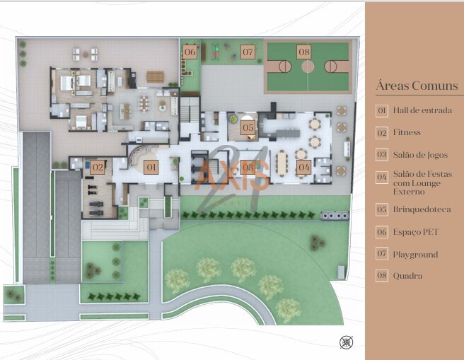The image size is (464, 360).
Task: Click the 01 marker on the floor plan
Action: (151, 167)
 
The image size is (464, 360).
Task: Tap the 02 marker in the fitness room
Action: (98, 167)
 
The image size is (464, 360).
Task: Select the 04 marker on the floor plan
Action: (304, 167)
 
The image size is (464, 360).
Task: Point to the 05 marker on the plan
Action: (248, 127)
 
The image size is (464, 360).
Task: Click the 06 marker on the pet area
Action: (190, 52)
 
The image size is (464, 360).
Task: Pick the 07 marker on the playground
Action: (248, 52)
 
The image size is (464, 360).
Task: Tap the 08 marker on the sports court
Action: (304, 52)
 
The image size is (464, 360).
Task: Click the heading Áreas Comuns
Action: (417, 86)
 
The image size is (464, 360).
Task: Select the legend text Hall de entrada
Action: (422, 110)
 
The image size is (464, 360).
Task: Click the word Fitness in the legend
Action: (407, 132)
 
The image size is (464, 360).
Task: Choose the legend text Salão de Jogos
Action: (420, 155)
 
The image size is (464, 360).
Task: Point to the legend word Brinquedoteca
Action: (422, 209)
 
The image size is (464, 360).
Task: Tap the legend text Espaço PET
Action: (415, 232)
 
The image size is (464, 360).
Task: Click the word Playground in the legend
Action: (415, 255)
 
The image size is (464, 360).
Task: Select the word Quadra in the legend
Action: (407, 276)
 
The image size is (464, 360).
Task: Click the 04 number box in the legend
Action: (382, 178)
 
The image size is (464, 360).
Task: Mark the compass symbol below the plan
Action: (346, 342)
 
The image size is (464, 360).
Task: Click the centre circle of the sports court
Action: (308, 66)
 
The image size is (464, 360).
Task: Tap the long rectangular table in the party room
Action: (282, 164)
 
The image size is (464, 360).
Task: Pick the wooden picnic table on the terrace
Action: (155, 76)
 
